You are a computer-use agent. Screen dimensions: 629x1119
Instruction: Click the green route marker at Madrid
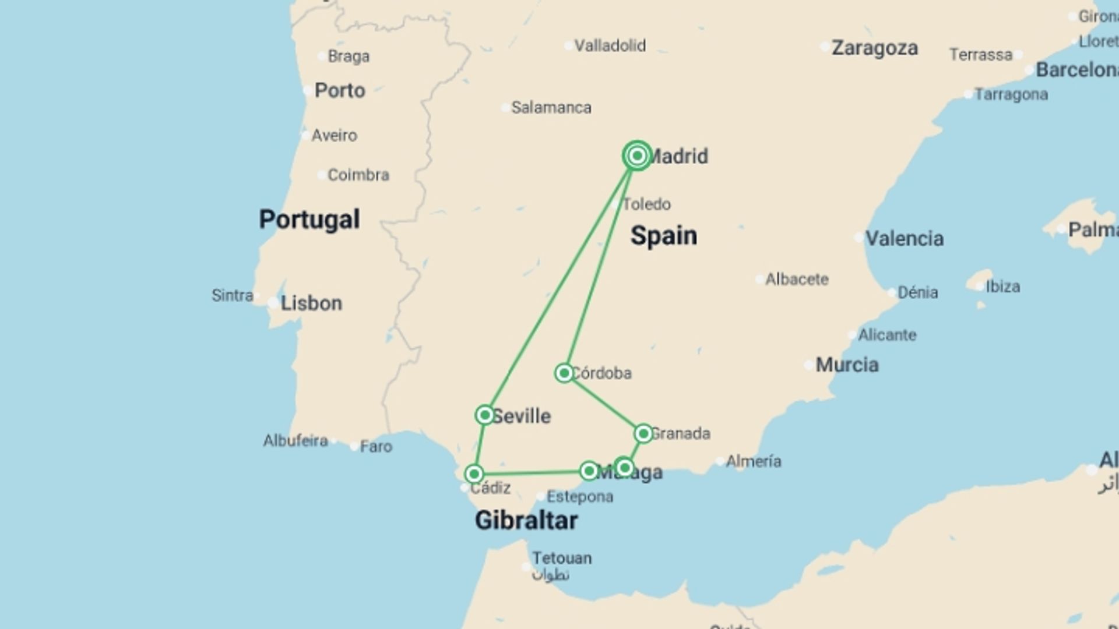pyautogui.click(x=637, y=156)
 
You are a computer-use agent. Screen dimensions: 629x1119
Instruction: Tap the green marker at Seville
pyautogui.click(x=485, y=415)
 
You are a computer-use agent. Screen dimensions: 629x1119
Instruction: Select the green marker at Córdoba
pyautogui.click(x=564, y=373)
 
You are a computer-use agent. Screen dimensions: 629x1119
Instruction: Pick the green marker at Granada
pyautogui.click(x=643, y=433)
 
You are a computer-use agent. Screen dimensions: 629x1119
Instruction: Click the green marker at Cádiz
pyautogui.click(x=474, y=473)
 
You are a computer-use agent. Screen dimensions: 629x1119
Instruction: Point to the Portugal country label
pyautogui.click(x=309, y=220)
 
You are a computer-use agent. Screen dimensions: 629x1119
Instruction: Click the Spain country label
pyautogui.click(x=663, y=236)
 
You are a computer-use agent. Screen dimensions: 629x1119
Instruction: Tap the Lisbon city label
pyautogui.click(x=311, y=303)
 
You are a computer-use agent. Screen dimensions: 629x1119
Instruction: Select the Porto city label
pyautogui.click(x=340, y=91)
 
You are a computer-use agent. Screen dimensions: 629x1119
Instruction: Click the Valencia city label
pyautogui.click(x=904, y=238)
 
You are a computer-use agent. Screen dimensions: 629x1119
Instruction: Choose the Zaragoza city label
pyautogui.click(x=874, y=48)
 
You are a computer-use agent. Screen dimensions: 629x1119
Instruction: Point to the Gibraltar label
pyautogui.click(x=526, y=520)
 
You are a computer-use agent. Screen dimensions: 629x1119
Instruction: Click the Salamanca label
pyautogui.click(x=551, y=108)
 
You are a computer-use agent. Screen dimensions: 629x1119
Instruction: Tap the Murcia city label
pyautogui.click(x=847, y=365)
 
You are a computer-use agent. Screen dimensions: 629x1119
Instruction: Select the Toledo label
pyautogui.click(x=646, y=204)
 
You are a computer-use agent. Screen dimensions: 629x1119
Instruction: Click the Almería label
pyautogui.click(x=753, y=461)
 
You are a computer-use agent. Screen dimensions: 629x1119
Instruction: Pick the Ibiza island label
pyautogui.click(x=1002, y=287)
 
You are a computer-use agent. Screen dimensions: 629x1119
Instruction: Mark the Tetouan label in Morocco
pyautogui.click(x=561, y=559)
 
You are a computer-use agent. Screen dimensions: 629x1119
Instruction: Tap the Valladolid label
pyautogui.click(x=610, y=45)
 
